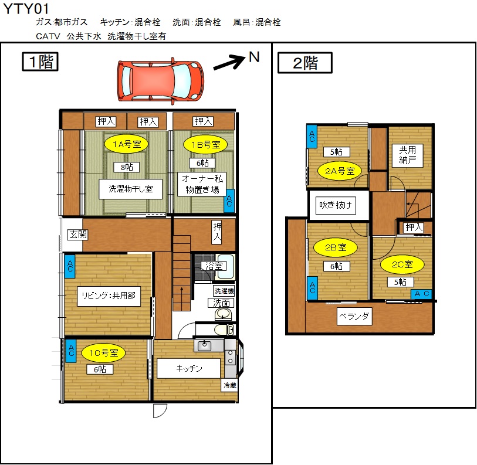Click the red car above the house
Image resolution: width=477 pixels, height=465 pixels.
coord(161,81)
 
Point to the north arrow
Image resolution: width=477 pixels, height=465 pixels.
coord(229,62)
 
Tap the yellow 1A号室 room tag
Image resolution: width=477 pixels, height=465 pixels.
coord(126,144)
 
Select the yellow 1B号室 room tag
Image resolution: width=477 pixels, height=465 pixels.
coord(205,144)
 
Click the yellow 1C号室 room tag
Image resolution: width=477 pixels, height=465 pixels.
coord(103,353)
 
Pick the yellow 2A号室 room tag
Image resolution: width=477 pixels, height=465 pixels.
coord(340,171)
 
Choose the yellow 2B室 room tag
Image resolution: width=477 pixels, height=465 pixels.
coord(336,247)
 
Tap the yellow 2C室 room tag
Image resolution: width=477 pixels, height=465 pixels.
coord(402,264)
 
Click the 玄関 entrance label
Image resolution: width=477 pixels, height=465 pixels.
coord(77,235)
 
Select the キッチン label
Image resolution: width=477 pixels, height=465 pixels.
coord(188,368)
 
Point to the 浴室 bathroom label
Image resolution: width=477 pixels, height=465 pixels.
coord(214,266)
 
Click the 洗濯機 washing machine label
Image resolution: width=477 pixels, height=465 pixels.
coord(224,291)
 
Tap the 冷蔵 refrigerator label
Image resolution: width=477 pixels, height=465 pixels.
coord(229,385)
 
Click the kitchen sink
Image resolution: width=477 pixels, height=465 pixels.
coord(204,345)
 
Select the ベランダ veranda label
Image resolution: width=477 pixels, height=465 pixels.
coord(354,316)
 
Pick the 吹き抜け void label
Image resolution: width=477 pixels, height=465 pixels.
coord(336,205)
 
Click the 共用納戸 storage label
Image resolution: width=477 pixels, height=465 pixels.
coord(407,155)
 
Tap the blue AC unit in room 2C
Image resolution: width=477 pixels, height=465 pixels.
coord(421,294)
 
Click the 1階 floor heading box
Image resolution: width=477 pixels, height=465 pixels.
coord(40,62)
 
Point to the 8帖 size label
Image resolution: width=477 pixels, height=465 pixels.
coord(127,167)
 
